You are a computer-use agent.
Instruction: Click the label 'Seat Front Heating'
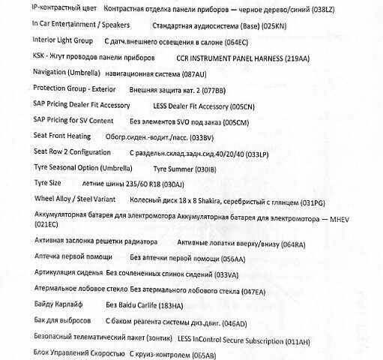click(x=62, y=136)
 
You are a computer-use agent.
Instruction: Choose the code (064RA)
click(x=290, y=244)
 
